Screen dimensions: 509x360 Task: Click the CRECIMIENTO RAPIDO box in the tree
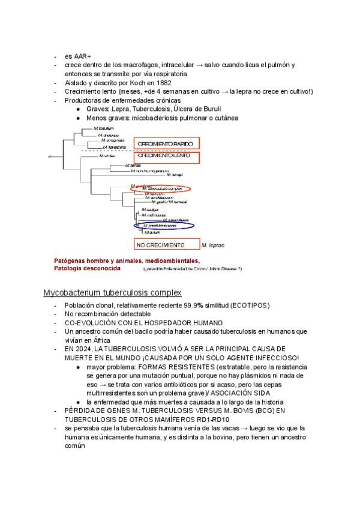[166, 144]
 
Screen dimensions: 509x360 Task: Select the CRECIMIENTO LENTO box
[166, 156]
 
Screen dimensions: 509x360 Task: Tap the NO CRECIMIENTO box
[167, 245]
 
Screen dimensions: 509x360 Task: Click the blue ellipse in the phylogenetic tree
[164, 226]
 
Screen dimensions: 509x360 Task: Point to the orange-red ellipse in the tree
[160, 188]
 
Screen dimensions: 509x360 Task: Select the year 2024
[83, 349]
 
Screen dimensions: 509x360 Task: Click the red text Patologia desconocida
[87, 269]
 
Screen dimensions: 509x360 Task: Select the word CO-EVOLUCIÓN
[89, 322]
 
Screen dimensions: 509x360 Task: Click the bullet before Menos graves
[79, 118]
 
